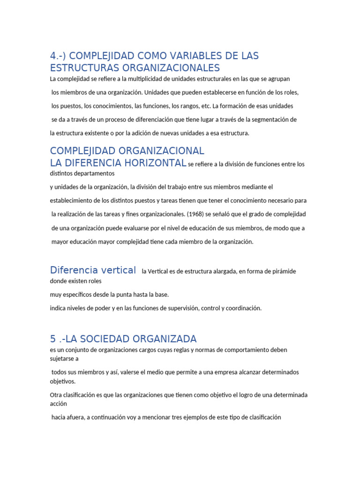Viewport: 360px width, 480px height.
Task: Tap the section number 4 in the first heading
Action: (x=53, y=56)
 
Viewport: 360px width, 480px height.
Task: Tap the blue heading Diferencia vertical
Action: (x=93, y=270)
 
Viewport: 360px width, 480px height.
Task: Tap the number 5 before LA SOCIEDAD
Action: (x=52, y=339)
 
